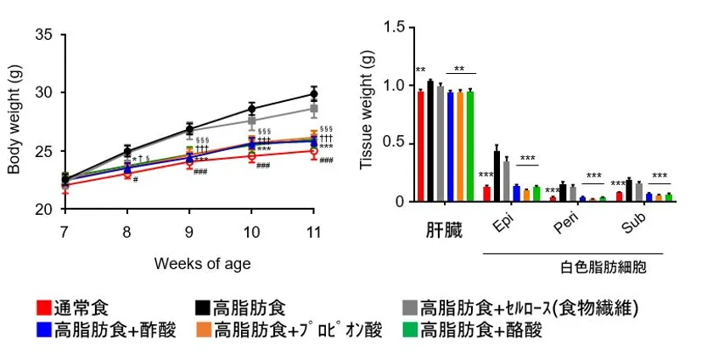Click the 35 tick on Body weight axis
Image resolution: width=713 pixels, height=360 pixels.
pyautogui.click(x=45, y=35)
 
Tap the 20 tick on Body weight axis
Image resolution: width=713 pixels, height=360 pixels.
pyautogui.click(x=45, y=209)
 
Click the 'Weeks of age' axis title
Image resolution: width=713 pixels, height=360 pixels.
pyautogui.click(x=202, y=263)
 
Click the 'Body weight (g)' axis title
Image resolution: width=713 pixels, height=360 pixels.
pyautogui.click(x=14, y=121)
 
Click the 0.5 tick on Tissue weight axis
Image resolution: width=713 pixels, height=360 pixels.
pyautogui.click(x=396, y=143)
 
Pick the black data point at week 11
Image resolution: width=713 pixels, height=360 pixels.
pyautogui.click(x=314, y=94)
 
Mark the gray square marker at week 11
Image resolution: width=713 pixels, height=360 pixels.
pyautogui.click(x=314, y=109)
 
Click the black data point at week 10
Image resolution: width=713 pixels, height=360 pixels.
pyautogui.click(x=252, y=108)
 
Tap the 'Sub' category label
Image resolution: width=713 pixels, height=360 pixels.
pyautogui.click(x=633, y=225)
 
